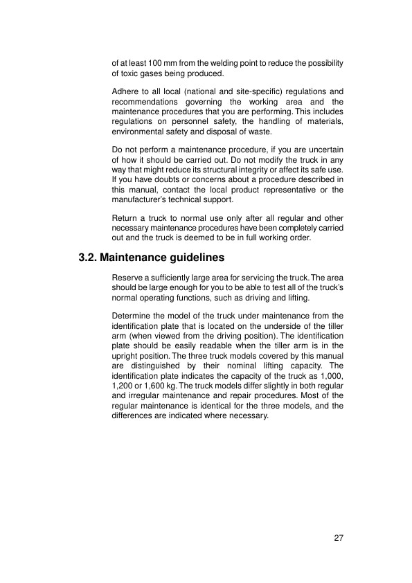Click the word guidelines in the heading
pyautogui.click(x=195, y=259)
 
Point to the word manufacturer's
pyautogui.click(x=143, y=199)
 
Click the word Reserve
pyautogui.click(x=128, y=278)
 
